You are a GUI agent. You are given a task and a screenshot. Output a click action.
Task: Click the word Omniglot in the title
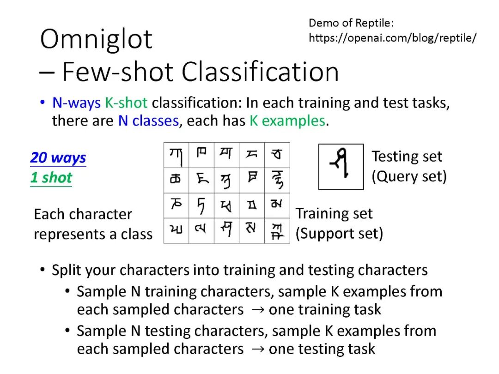(x=96, y=39)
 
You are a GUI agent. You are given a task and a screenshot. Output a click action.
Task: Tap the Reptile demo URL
(x=392, y=38)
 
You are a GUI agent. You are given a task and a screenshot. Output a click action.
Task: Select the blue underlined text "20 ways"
(x=58, y=158)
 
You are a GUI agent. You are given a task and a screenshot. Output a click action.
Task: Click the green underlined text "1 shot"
(x=51, y=178)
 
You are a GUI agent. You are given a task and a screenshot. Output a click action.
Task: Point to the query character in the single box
(x=341, y=166)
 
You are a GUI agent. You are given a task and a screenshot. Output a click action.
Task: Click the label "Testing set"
(x=407, y=157)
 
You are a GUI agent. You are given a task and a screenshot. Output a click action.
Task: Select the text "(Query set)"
(x=409, y=176)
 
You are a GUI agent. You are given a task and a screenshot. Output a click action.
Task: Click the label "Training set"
(x=334, y=214)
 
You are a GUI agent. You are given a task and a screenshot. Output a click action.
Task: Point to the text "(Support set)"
(x=340, y=234)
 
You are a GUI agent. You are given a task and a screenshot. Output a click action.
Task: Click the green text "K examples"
(x=287, y=121)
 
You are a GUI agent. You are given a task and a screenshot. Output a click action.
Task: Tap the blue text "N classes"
(x=148, y=121)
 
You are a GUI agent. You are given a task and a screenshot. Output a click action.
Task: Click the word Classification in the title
(x=260, y=72)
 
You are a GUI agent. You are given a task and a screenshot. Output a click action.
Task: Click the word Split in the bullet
(x=64, y=270)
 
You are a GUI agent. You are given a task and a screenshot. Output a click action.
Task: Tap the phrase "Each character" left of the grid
(x=83, y=214)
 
